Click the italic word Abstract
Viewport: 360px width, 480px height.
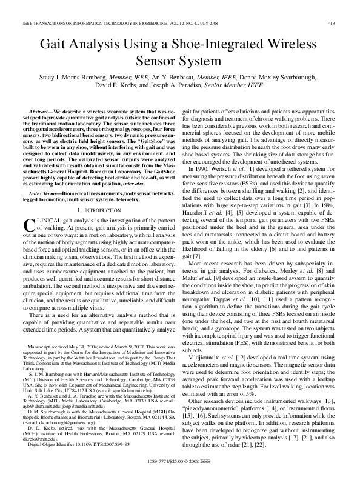[41, 113]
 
